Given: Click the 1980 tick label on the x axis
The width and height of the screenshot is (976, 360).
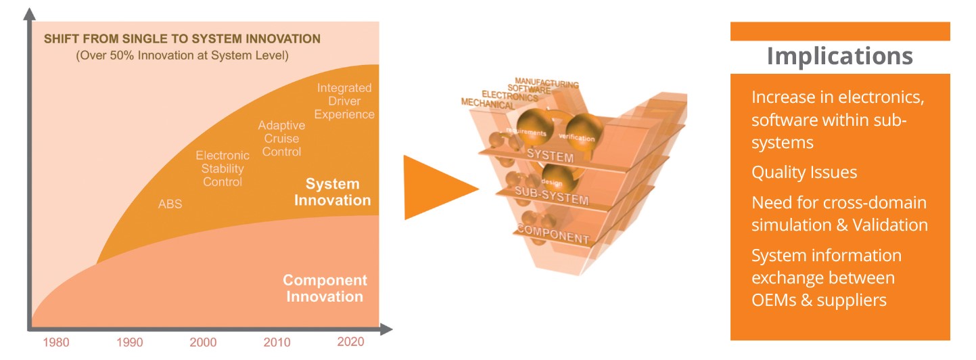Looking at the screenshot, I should (55, 342).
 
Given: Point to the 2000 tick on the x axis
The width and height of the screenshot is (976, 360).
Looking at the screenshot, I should (203, 342).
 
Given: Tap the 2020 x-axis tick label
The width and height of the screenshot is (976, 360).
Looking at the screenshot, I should (350, 342).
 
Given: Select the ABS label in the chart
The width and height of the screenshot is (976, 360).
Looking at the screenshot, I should (170, 204).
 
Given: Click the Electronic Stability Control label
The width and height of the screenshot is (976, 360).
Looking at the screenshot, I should (223, 169).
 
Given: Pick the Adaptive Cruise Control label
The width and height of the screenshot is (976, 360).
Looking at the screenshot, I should (281, 139).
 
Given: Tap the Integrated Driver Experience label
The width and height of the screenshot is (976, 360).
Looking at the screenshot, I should (344, 102).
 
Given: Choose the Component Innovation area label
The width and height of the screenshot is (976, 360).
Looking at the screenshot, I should (325, 288).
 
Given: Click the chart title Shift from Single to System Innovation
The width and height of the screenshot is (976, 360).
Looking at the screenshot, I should (183, 39).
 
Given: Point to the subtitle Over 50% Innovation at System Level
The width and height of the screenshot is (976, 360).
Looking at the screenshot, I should (182, 55).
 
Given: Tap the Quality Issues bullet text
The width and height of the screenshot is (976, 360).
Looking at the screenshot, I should (804, 173).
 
